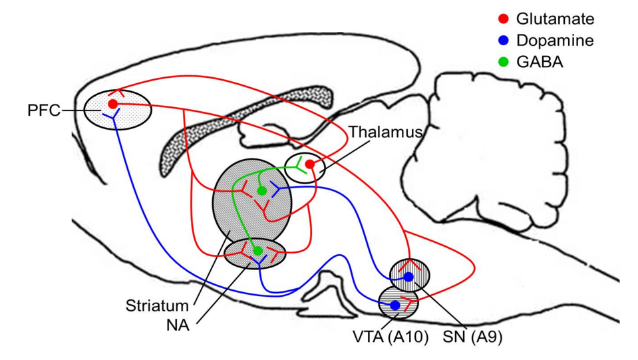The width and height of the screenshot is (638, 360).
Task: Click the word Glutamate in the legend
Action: tap(555, 19)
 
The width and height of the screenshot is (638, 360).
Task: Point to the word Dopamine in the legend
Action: tap(555, 41)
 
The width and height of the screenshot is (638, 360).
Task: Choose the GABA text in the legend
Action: tap(540, 62)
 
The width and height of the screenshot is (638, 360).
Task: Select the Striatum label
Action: tap(158, 307)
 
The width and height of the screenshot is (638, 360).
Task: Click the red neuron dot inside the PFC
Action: tap(113, 104)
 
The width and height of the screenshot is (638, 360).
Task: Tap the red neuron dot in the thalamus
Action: tap(310, 164)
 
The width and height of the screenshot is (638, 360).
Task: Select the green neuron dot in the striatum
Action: tap(262, 192)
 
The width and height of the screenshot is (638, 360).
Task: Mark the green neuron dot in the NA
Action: tap(258, 251)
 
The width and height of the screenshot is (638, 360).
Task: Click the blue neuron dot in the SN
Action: tap(408, 276)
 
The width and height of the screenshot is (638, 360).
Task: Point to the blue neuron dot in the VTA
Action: tap(395, 305)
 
